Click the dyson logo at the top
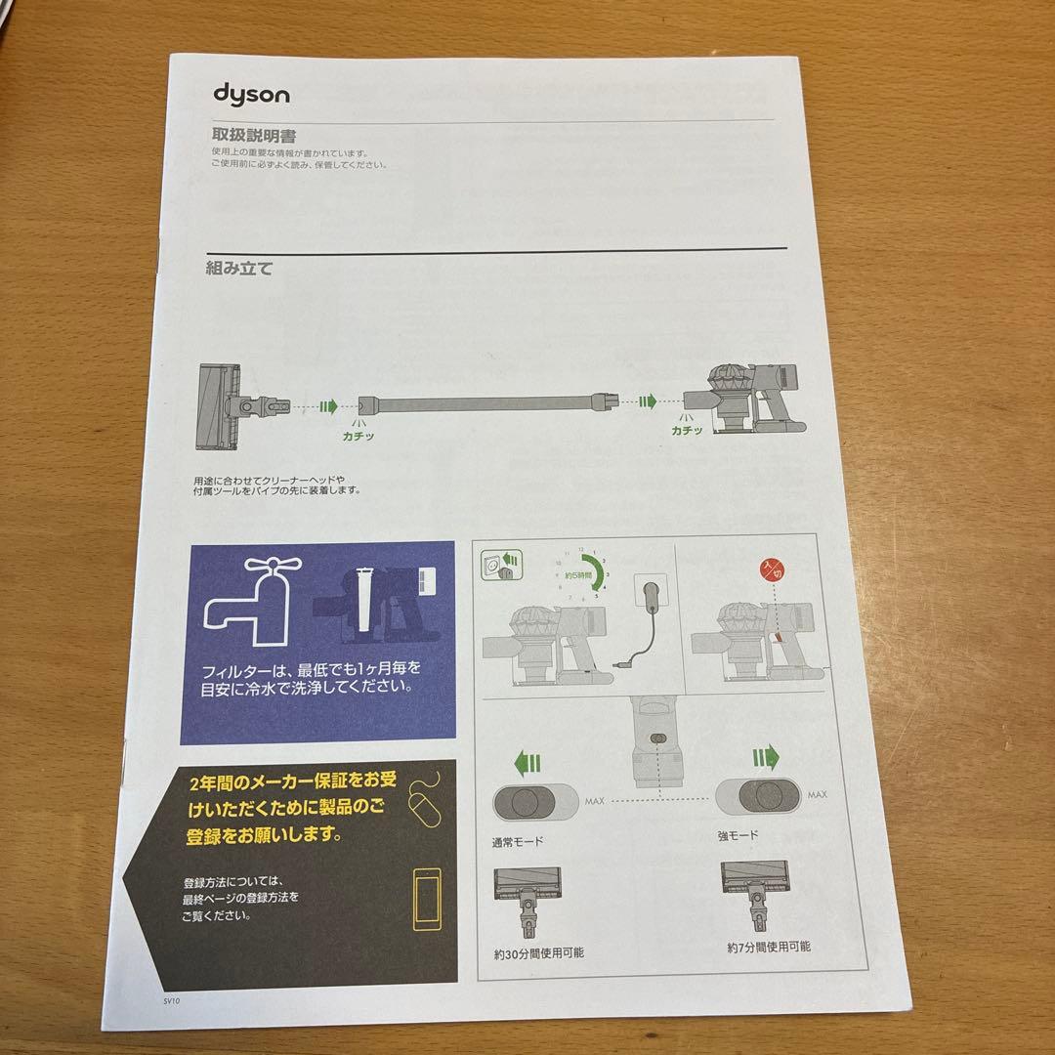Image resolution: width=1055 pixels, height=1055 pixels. (x=251, y=95)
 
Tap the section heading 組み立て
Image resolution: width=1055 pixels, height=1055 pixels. (x=239, y=268)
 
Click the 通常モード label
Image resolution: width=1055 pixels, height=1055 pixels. (x=519, y=840)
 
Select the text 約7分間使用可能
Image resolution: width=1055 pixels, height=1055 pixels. (x=768, y=947)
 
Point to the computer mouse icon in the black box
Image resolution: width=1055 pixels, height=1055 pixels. (x=423, y=802)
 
